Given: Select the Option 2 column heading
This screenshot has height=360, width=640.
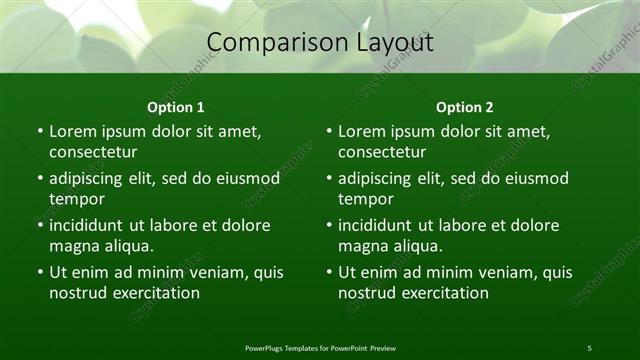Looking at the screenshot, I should [x=464, y=107].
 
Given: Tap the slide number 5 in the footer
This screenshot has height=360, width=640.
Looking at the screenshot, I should [x=589, y=348].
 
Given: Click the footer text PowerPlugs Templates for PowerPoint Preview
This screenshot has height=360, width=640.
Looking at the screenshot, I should [x=320, y=348].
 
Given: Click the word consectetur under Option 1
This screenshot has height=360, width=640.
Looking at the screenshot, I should [x=93, y=152].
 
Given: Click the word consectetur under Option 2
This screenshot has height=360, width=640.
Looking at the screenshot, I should [x=382, y=152].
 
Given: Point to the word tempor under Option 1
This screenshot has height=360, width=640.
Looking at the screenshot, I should [x=74, y=199].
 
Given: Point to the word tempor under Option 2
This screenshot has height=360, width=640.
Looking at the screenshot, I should [x=363, y=199].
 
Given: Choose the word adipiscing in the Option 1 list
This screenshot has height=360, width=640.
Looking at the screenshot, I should [x=91, y=179].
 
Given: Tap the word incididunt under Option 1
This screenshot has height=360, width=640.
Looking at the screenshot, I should [x=91, y=225].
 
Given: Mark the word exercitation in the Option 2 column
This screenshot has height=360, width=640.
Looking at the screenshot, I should [x=443, y=293].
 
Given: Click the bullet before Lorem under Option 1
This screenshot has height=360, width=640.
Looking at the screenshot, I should [x=39, y=131].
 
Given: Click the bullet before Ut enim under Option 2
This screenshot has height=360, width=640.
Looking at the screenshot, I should [x=328, y=272].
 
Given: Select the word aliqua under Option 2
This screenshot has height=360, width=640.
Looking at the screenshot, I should [x=437, y=246].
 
